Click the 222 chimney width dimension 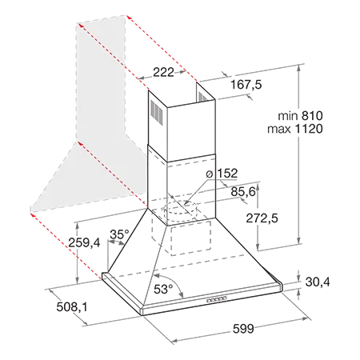click(163, 72)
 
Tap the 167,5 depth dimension click(246, 85)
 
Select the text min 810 click(300, 116)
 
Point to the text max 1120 click(295, 129)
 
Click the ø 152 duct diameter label click(222, 174)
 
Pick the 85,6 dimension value click(243, 191)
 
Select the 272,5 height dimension click(262, 218)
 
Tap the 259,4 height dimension click(84, 242)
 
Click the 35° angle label click(119, 234)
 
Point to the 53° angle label click(163, 289)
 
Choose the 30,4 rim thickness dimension click(318, 282)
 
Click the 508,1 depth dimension click(72, 307)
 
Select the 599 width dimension click(243, 329)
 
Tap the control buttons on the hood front click(217, 299)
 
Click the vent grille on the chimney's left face click(157, 113)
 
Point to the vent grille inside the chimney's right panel click(202, 97)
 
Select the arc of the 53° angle click(173, 282)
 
